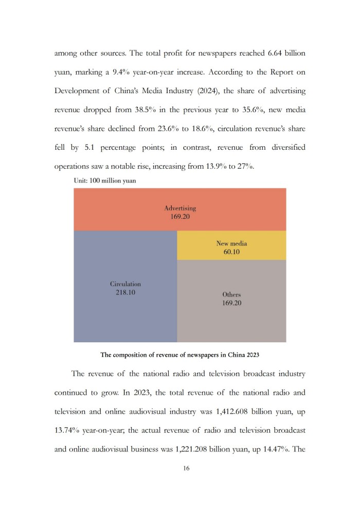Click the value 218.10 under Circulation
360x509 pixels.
(125, 292)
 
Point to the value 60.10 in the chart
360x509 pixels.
(231, 252)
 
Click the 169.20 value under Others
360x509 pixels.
(231, 303)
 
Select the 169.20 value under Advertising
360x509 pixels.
(180, 217)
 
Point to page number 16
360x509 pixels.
(179, 469)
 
